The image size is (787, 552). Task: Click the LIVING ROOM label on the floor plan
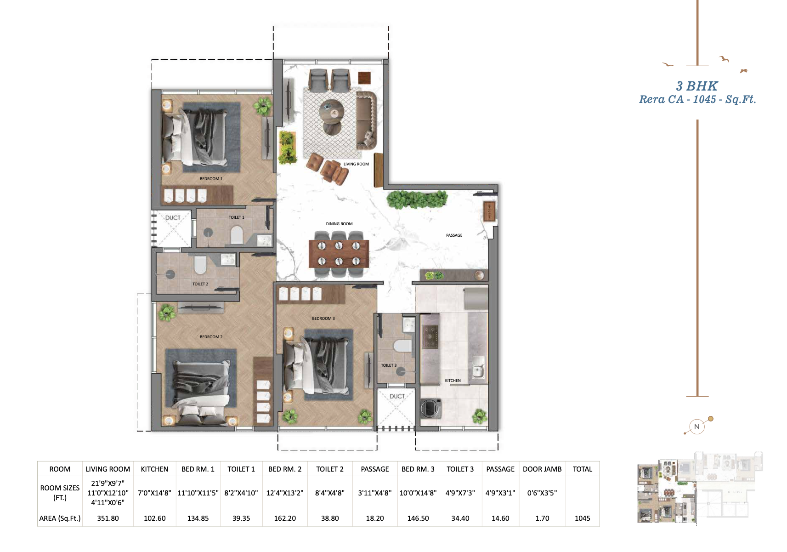click(356, 164)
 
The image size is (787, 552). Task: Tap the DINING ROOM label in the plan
click(339, 224)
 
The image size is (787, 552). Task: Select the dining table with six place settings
click(339, 253)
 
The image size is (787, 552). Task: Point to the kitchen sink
click(478, 367)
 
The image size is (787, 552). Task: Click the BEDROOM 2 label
click(211, 337)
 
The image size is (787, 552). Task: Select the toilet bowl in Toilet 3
click(403, 345)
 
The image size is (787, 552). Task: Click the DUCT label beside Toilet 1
click(173, 218)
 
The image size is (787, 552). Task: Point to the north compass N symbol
click(696, 427)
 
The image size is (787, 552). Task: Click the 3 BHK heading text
click(696, 86)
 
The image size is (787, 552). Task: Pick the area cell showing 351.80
click(108, 518)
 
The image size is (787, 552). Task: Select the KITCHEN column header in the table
click(154, 469)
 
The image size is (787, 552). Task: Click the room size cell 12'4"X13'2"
click(285, 493)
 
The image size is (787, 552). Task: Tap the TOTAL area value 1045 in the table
click(582, 518)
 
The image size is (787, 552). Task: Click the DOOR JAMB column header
click(542, 469)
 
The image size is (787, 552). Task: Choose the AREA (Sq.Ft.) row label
click(60, 518)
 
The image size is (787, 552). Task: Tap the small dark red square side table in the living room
click(364, 78)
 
